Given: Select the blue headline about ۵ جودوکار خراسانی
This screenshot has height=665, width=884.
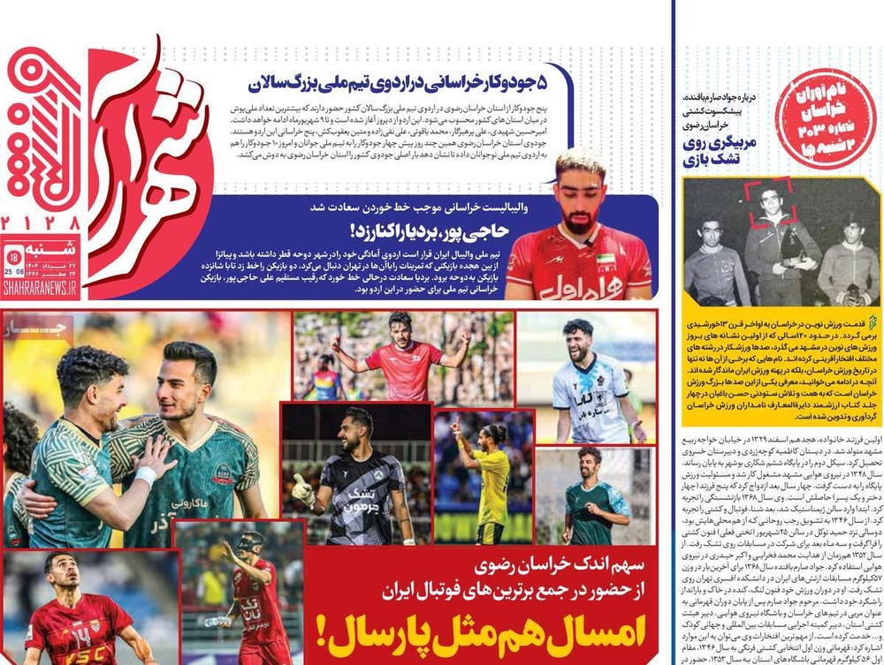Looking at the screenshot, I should point(407,85).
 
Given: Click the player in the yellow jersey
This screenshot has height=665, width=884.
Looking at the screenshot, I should point(489,477).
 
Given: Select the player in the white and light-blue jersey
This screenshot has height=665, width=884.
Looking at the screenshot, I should point(586,384).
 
